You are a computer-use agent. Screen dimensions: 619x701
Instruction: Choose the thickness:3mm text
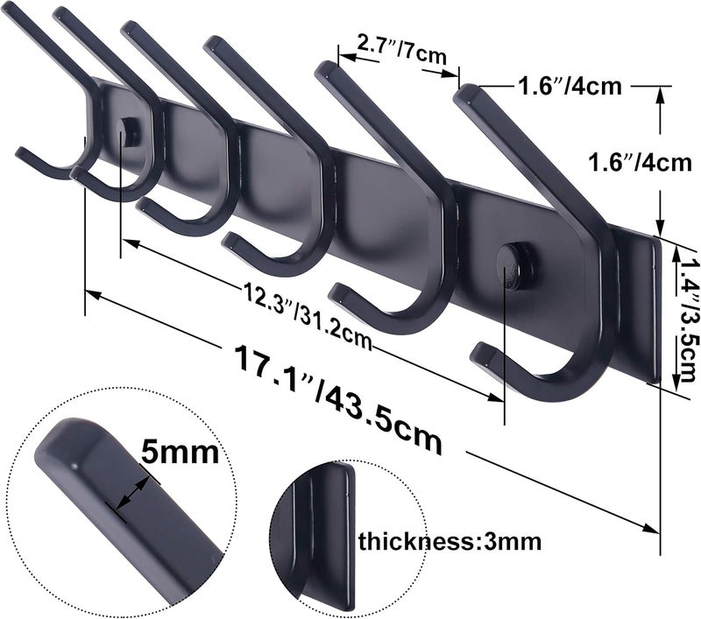[x=450, y=541]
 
